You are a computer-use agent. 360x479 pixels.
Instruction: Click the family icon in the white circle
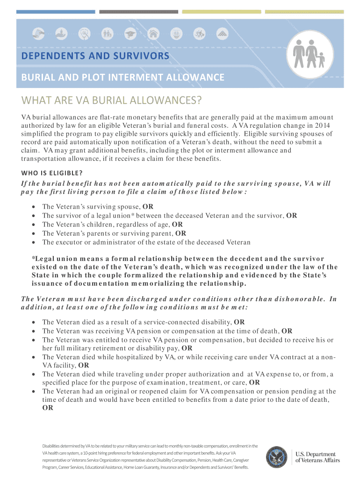coord(310,54)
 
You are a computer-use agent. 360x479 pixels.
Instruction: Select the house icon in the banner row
coord(152,34)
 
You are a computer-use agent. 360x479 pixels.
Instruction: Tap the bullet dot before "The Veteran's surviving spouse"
coord(34,207)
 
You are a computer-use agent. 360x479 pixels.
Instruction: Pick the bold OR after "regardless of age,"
coord(177,225)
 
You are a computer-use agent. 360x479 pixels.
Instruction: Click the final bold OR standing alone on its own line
coord(47,408)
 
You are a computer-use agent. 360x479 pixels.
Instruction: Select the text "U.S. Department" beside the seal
coord(316,454)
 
